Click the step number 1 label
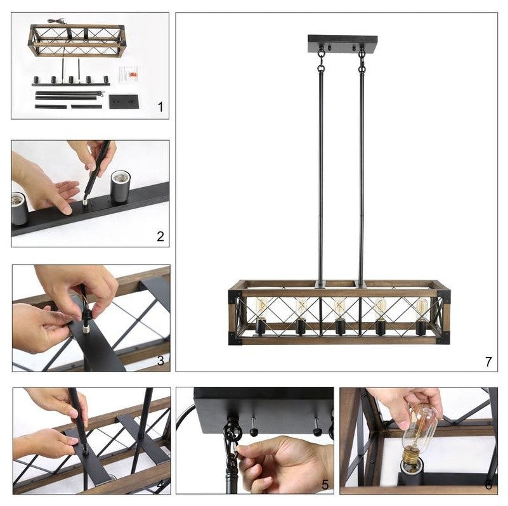(160, 107)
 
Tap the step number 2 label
(160, 237)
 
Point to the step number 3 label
(160, 361)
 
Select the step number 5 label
(325, 484)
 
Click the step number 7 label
(488, 361)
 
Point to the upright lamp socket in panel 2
(120, 186)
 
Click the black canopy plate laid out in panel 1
(124, 101)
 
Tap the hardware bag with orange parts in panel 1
(129, 75)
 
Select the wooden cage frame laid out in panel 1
(77, 41)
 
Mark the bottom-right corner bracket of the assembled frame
(443, 338)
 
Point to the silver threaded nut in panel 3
(86, 330)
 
